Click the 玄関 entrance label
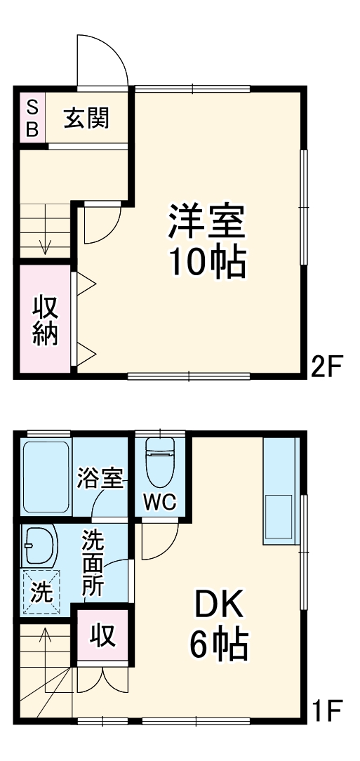pyautogui.click(x=87, y=118)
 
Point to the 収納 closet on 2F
pyautogui.click(x=45, y=320)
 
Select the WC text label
pyautogui.click(x=161, y=502)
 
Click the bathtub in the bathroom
pyautogui.click(x=46, y=477)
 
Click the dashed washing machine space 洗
pyautogui.click(x=40, y=591)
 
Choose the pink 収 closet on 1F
pyautogui.click(x=102, y=635)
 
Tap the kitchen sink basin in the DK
pyautogui.click(x=280, y=519)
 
